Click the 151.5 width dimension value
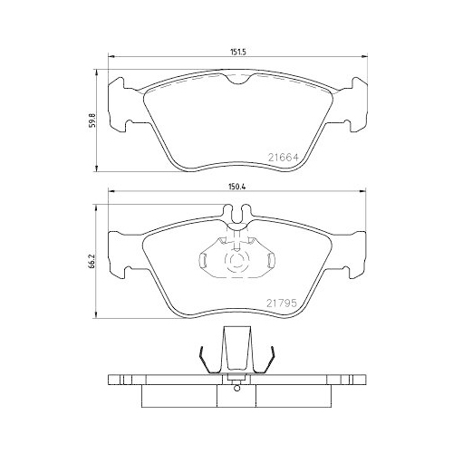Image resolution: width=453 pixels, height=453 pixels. [238, 53]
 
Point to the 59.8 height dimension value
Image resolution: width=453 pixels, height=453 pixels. [91, 120]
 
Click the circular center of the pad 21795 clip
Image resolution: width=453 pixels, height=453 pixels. [236, 264]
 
